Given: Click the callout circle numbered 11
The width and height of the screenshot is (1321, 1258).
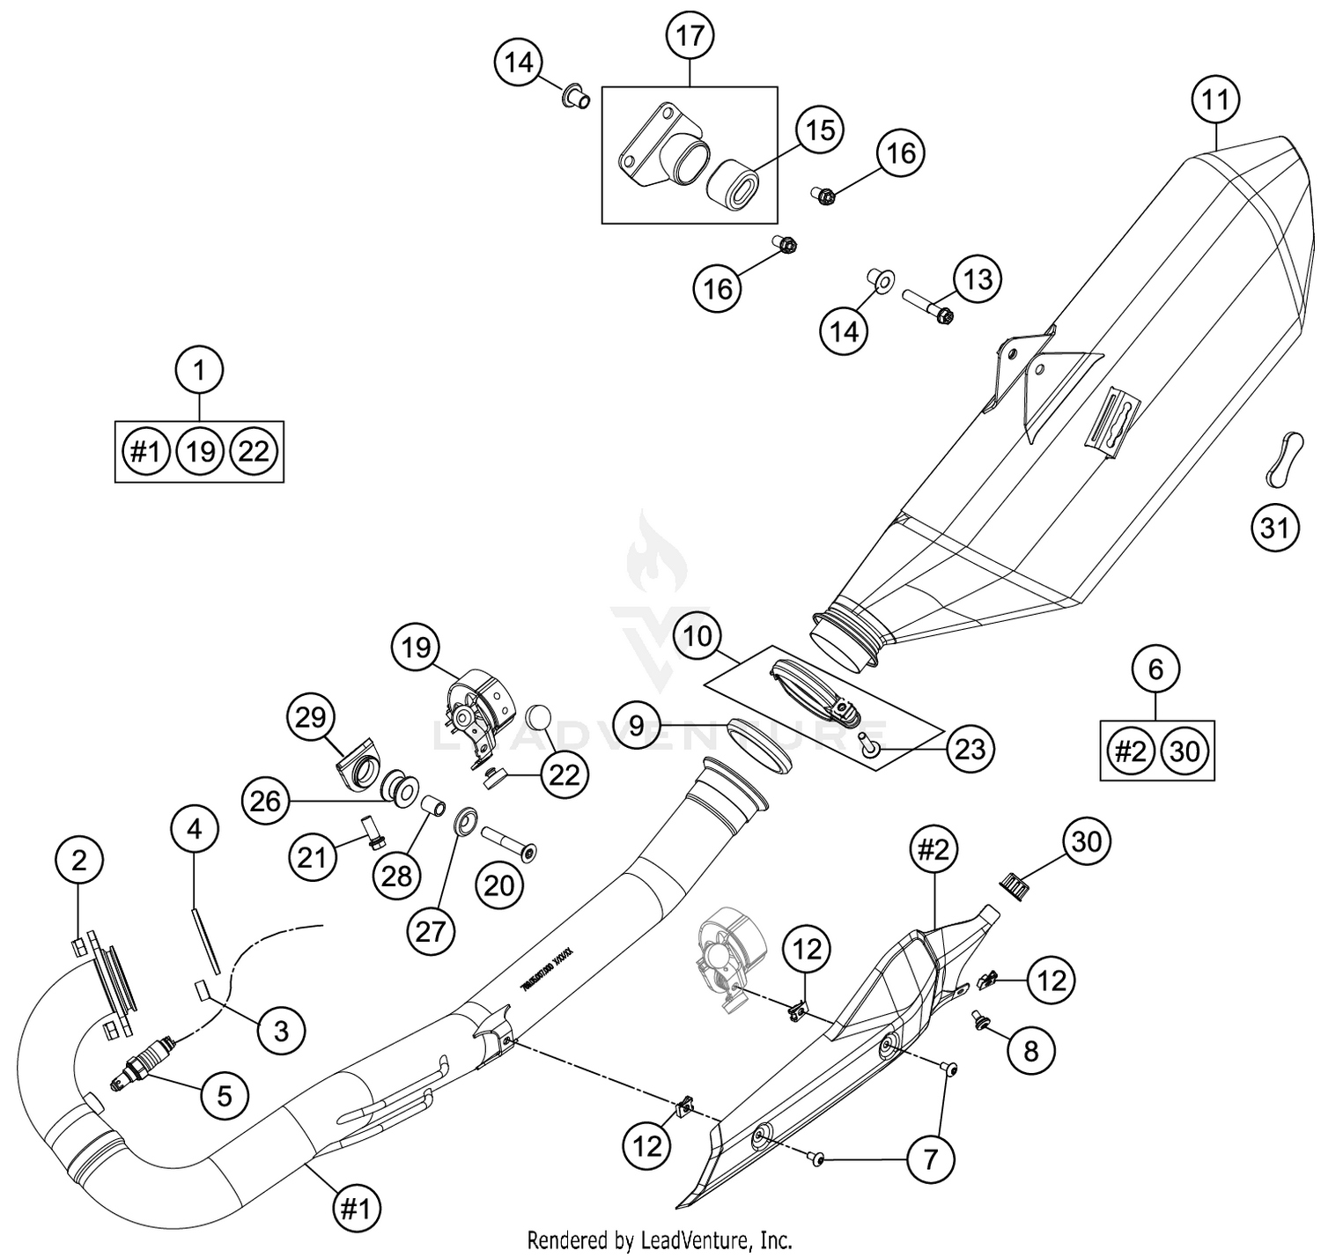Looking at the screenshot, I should pyautogui.click(x=1215, y=100).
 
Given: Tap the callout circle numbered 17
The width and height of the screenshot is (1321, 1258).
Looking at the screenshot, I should pyautogui.click(x=690, y=36).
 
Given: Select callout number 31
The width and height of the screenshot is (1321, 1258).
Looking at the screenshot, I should pyautogui.click(x=1274, y=529).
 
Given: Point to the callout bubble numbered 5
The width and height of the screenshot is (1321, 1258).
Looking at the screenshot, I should pyautogui.click(x=225, y=1095).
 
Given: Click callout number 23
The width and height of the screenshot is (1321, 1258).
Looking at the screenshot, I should pyautogui.click(x=970, y=749).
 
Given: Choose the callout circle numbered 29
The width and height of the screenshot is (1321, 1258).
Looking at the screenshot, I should pyautogui.click(x=311, y=718).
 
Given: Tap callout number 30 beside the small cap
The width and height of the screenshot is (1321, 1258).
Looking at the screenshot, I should pyautogui.click(x=1086, y=841).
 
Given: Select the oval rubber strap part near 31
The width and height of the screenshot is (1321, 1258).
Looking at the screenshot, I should pyautogui.click(x=1283, y=459).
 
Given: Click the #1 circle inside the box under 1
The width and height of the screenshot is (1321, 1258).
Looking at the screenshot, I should pyautogui.click(x=145, y=452).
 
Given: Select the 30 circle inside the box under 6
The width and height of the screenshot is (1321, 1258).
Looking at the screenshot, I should pyautogui.click(x=1184, y=751).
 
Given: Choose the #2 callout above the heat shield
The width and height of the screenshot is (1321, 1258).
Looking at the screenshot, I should pyautogui.click(x=934, y=850).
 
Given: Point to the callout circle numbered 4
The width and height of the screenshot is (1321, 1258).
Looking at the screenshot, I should pyautogui.click(x=195, y=830).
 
